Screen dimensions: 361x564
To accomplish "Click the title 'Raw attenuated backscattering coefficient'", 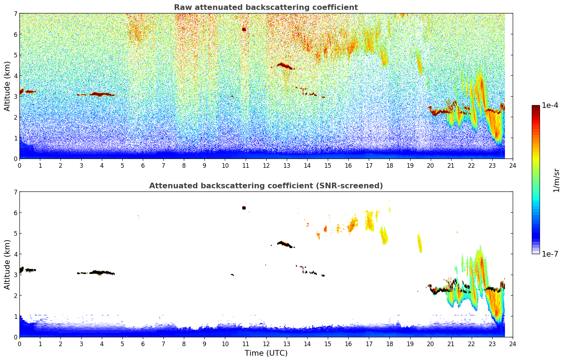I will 266,7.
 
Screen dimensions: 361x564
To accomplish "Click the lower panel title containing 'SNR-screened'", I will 266,186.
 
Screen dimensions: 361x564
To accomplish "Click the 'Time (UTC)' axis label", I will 266,353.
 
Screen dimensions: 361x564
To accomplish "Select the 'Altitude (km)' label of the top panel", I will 7,86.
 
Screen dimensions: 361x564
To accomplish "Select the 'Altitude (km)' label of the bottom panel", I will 7,264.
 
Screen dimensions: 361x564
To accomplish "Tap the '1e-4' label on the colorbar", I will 550,105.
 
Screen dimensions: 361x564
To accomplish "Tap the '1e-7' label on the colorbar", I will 550,254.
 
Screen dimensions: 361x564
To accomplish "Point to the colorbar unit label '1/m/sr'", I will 556,180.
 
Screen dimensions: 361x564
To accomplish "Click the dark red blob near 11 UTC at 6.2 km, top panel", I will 244,29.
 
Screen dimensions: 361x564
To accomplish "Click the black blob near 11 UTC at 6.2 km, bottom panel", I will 244,208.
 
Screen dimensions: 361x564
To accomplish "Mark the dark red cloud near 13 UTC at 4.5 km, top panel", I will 285,66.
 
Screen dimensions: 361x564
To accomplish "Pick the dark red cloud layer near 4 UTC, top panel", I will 101,94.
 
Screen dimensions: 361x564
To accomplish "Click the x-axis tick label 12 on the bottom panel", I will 266,344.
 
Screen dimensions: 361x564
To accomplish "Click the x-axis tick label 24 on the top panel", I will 512,166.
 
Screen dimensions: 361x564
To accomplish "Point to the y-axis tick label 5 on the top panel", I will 16,55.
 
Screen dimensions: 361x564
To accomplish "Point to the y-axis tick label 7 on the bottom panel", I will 16,192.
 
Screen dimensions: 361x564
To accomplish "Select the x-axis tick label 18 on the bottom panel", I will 389,344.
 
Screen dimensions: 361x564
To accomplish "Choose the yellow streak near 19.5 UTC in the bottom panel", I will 420,243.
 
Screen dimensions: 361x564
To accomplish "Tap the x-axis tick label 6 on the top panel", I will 143,166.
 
